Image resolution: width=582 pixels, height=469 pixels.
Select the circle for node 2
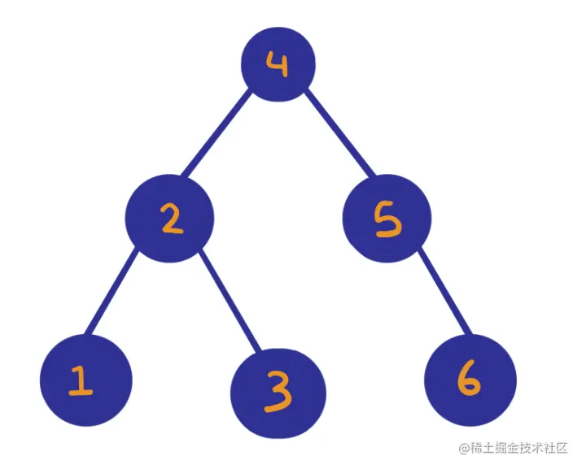click(x=169, y=219)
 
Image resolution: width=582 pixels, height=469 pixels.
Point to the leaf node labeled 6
click(x=470, y=377)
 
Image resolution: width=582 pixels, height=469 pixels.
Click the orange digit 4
click(x=278, y=64)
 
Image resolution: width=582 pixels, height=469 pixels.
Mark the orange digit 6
click(x=470, y=378)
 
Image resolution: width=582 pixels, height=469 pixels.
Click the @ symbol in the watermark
click(x=465, y=448)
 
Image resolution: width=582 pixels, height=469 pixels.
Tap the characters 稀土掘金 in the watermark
click(x=497, y=448)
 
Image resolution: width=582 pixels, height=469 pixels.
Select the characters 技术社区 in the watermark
click(x=546, y=448)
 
